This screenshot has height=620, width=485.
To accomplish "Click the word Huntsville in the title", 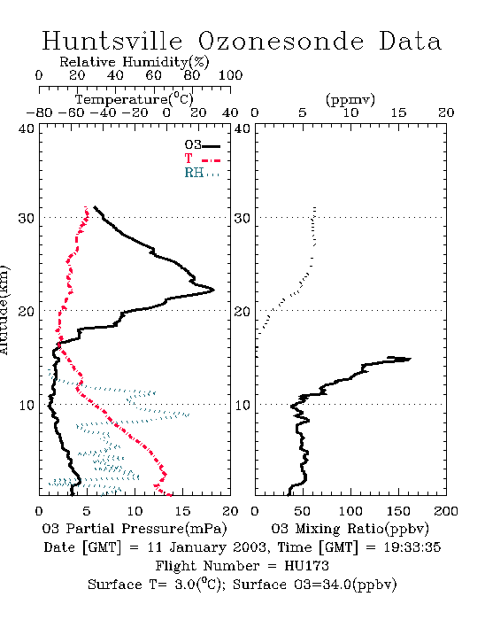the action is click(x=112, y=41).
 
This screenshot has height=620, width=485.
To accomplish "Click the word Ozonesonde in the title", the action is click(x=281, y=41).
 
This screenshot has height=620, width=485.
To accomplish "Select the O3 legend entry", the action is click(x=202, y=145).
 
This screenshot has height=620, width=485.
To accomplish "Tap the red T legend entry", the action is click(x=202, y=159).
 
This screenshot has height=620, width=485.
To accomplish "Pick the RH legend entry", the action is click(x=202, y=173).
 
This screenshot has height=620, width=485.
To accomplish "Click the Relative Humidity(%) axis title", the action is click(x=135, y=62).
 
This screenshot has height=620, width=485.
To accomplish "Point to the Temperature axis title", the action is click(x=135, y=99).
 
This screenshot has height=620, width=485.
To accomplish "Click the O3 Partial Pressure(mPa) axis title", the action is click(x=135, y=528).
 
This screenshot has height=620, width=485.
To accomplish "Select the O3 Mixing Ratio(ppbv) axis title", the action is click(x=350, y=528).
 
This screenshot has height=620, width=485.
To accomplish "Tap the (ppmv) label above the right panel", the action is click(x=350, y=99).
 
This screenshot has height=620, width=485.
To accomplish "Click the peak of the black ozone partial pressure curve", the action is click(x=213, y=290).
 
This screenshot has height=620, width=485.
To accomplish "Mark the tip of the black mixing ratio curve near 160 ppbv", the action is click(x=411, y=359).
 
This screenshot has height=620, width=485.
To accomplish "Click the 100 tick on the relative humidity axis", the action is click(x=231, y=75).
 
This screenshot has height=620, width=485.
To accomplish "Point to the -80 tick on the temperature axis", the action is click(x=39, y=112).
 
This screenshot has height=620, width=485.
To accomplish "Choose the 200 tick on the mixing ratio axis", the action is click(x=446, y=511).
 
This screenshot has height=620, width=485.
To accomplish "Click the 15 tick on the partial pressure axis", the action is click(x=182, y=511).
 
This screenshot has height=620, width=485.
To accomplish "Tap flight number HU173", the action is click(x=306, y=566).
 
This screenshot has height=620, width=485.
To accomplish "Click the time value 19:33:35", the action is click(x=412, y=547).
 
